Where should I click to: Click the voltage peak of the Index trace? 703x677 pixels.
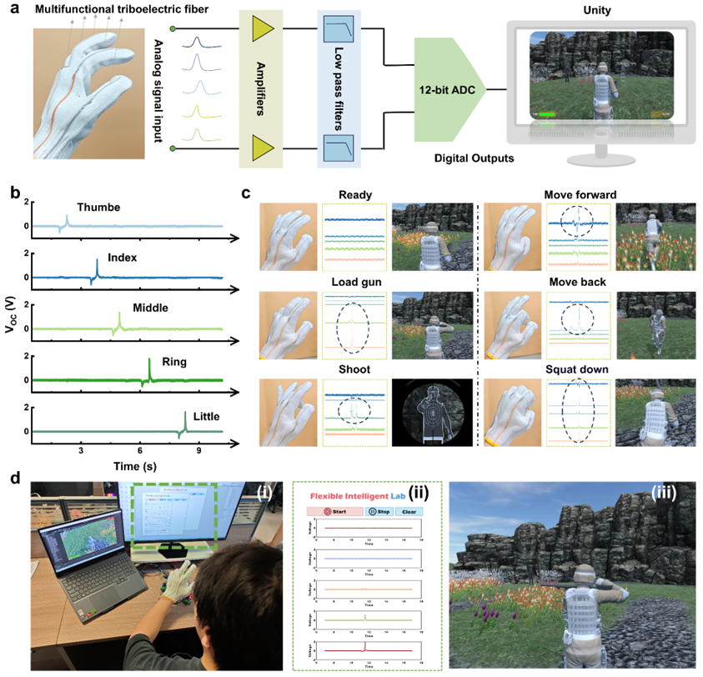pyautogui.click(x=97, y=259)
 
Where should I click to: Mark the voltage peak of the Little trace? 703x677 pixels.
pyautogui.click(x=185, y=413)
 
